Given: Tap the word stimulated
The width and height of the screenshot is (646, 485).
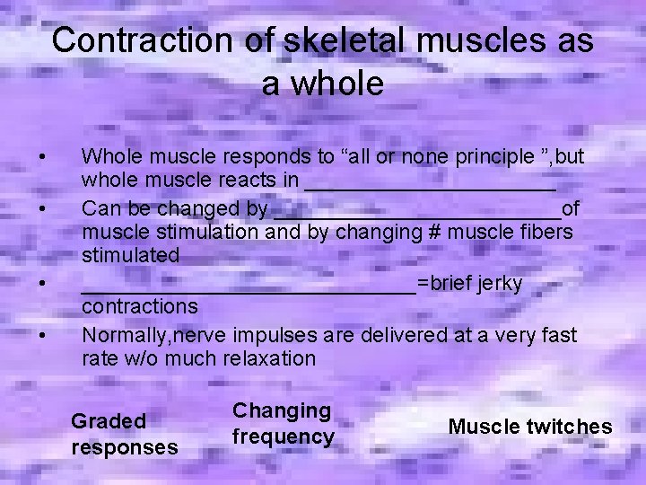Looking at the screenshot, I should (130, 256).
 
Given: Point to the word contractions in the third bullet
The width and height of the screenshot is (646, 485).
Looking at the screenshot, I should (139, 307).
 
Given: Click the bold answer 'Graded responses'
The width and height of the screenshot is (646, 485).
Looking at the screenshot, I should (124, 434).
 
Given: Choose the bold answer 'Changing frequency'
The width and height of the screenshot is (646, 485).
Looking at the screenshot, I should (283, 424).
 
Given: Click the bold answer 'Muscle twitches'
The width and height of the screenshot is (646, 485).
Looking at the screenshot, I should (529, 427).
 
